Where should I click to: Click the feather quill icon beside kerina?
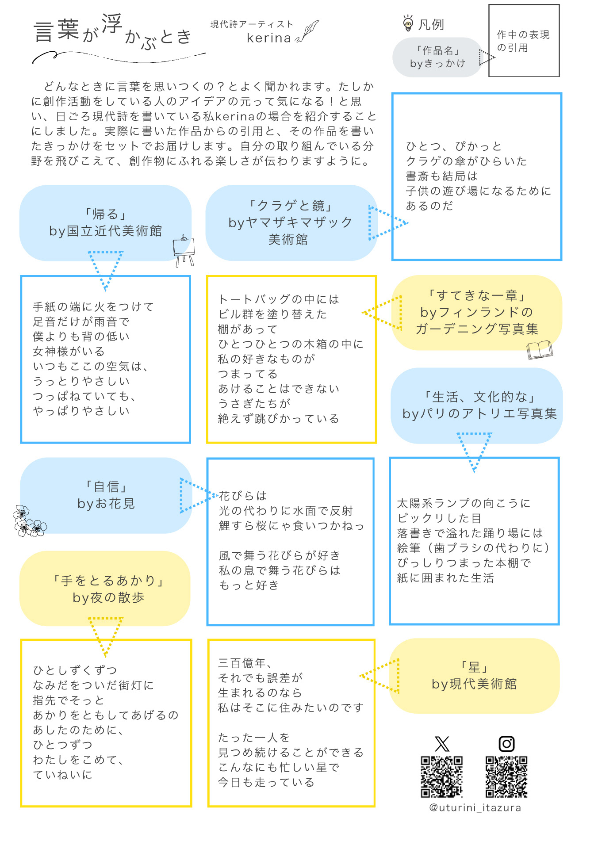(308, 32)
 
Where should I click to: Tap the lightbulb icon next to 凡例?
(408, 23)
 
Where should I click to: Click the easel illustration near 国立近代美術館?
(184, 250)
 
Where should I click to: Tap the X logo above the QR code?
(442, 744)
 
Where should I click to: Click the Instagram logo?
(506, 744)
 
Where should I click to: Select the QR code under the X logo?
(441, 776)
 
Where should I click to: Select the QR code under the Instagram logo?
(506, 776)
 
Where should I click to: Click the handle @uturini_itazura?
(475, 808)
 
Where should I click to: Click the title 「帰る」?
(106, 214)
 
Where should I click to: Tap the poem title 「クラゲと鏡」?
(291, 206)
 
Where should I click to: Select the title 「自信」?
(106, 487)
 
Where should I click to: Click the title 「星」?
(474, 667)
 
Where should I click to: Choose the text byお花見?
(106, 504)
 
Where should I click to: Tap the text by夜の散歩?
(108, 598)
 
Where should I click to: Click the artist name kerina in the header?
(268, 38)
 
